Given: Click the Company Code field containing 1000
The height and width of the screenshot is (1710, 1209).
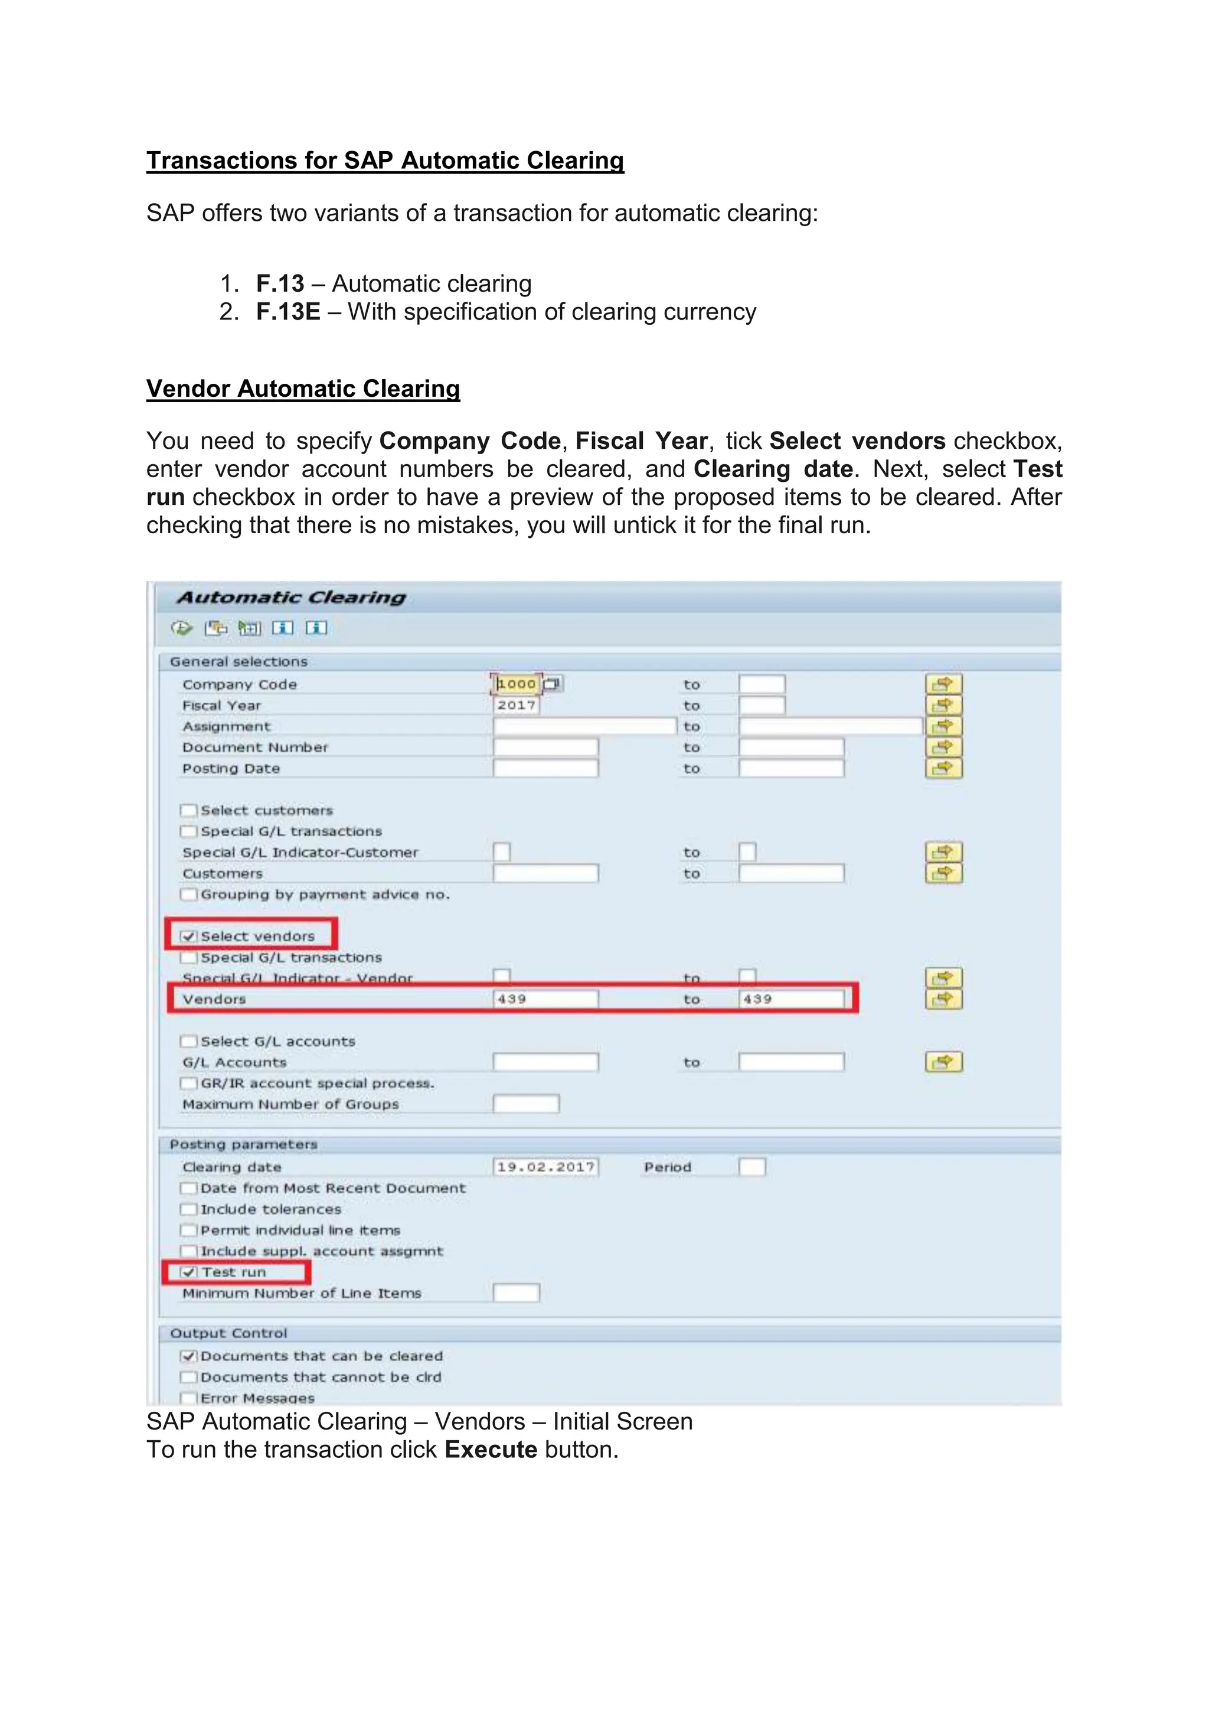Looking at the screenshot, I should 516,684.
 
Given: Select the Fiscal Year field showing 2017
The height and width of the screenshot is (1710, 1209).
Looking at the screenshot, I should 516,705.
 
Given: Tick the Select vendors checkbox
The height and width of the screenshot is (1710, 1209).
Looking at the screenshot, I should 189,936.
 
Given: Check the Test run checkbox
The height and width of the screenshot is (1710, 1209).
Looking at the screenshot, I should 189,1272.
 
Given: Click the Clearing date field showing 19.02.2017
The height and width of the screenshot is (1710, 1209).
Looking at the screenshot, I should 545,1167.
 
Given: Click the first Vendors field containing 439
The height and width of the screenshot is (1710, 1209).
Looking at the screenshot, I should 545,998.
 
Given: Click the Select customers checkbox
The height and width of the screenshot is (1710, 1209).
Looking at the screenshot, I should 189,810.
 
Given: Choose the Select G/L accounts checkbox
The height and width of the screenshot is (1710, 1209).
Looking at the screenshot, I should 189,1041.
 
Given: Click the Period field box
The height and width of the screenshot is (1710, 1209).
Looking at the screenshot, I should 752,1167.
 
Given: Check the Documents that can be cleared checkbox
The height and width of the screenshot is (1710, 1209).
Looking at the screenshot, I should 189,1356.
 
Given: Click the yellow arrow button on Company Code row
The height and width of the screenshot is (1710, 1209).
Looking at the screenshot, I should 943,684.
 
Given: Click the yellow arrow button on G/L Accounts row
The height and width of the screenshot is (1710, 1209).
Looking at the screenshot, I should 943,1062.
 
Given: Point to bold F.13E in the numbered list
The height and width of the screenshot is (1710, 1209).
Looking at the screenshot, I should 288,311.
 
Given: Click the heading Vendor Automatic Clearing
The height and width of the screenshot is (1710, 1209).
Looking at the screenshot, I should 303,389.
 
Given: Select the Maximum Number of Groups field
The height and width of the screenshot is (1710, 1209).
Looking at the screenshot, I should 525,1104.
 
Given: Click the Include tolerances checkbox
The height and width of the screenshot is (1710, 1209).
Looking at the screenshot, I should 189,1209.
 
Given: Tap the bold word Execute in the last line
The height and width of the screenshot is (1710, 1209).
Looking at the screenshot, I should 491,1450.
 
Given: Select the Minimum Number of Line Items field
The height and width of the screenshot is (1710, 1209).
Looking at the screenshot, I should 516,1293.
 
